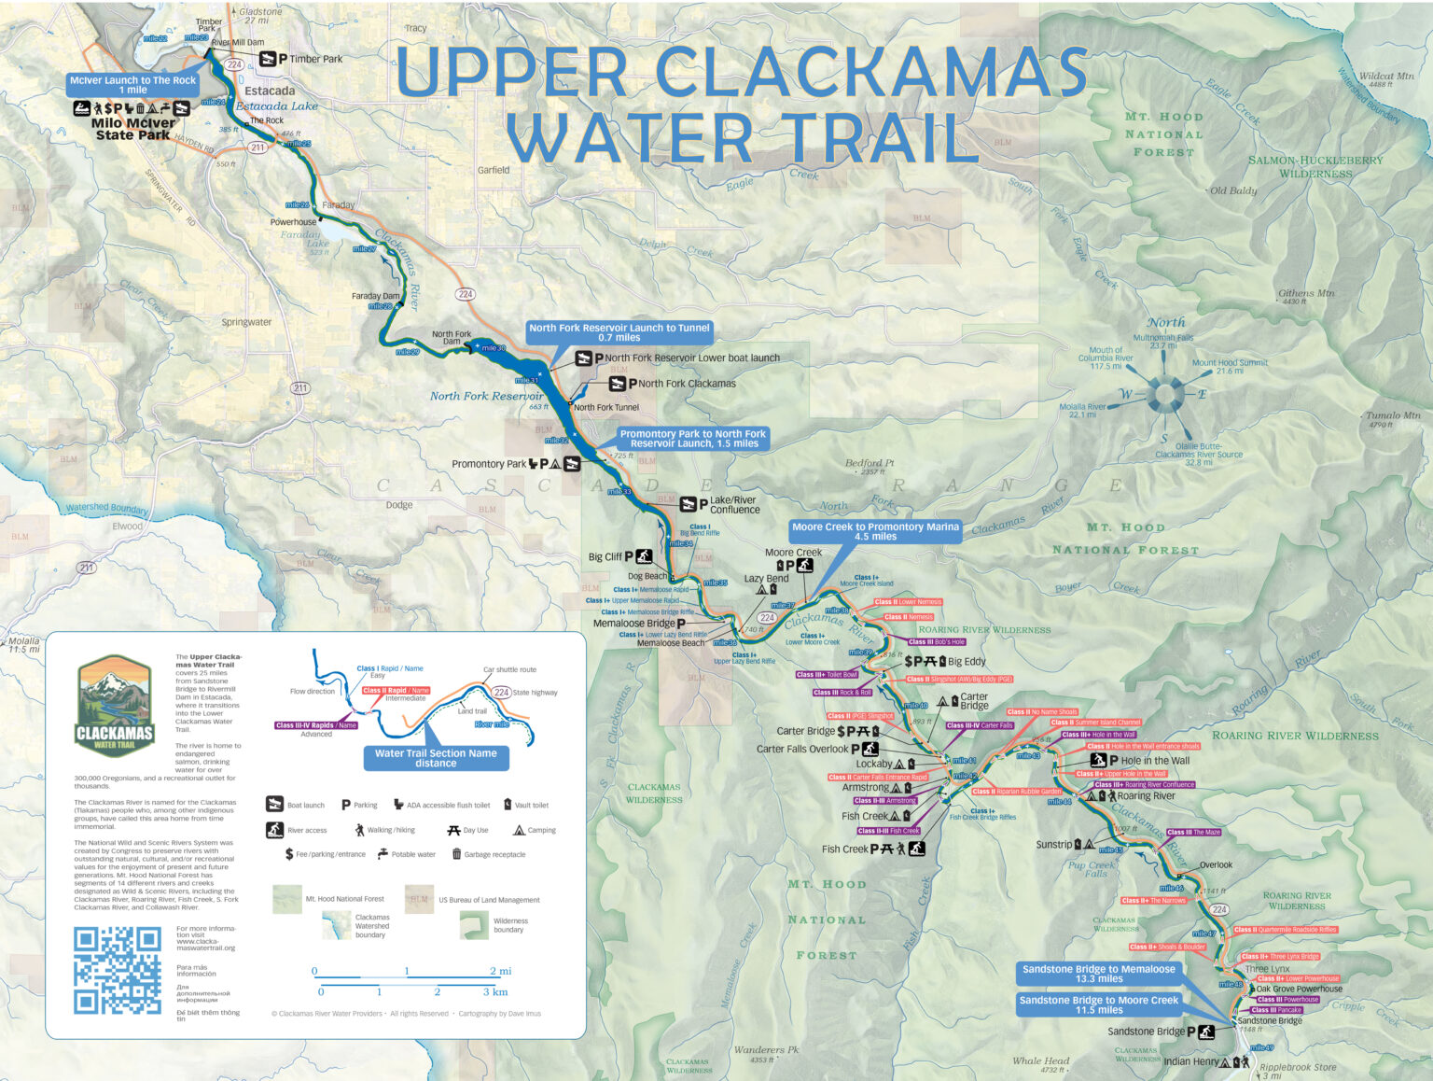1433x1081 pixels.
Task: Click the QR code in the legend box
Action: click(x=117, y=970)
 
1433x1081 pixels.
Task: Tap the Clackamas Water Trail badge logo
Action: click(x=114, y=704)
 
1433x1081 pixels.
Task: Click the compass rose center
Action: click(x=1163, y=394)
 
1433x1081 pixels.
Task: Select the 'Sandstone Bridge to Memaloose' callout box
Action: click(x=1098, y=974)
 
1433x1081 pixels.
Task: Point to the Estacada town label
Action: click(x=270, y=91)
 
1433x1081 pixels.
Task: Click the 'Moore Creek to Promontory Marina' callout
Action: click(x=874, y=531)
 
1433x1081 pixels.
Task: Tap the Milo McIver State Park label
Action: click(x=132, y=129)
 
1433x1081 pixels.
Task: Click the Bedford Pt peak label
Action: click(x=869, y=463)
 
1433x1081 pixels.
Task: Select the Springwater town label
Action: click(x=246, y=322)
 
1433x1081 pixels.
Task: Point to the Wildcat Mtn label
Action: click(x=1385, y=77)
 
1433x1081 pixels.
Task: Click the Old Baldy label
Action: click(x=1232, y=190)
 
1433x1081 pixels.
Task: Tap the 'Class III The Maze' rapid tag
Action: click(x=1193, y=832)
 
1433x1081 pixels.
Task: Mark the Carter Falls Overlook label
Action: click(x=802, y=749)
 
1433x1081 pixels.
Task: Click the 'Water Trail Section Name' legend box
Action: click(x=436, y=758)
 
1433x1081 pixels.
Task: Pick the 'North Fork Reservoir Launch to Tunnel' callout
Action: click(x=619, y=332)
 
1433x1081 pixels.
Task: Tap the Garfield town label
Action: click(x=494, y=170)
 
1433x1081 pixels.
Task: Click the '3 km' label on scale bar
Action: click(x=494, y=991)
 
